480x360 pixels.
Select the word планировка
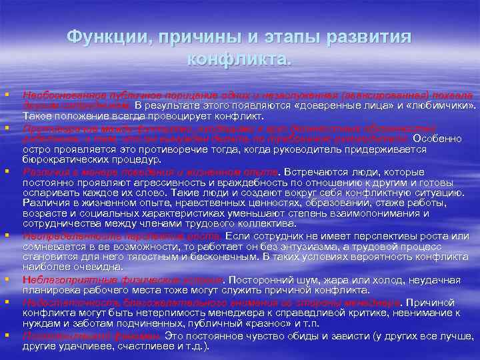49,291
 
